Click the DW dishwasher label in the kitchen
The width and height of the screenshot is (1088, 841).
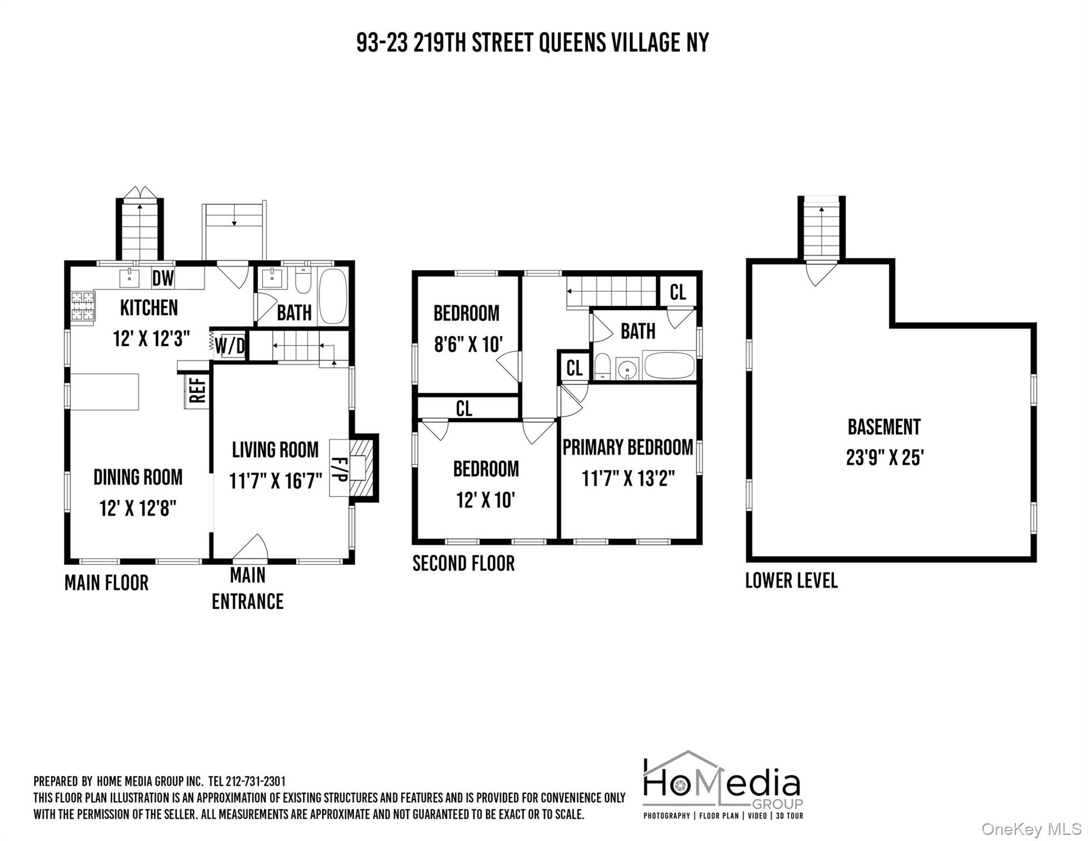pyautogui.click(x=163, y=279)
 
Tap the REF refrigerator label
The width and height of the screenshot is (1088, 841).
pyautogui.click(x=197, y=389)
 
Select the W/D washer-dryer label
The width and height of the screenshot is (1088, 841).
pyautogui.click(x=230, y=346)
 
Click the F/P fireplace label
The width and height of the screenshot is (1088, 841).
pyautogui.click(x=339, y=468)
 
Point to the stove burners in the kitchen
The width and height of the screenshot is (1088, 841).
pyautogui.click(x=83, y=306)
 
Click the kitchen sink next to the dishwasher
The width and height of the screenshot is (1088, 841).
pyautogui.click(x=130, y=278)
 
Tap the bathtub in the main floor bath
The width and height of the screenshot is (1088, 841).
pyautogui.click(x=333, y=296)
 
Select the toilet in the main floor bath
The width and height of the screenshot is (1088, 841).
pyautogui.click(x=303, y=281)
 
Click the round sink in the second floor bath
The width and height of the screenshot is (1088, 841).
pyautogui.click(x=627, y=369)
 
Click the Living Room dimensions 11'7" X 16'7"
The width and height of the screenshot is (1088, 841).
pyautogui.click(x=275, y=481)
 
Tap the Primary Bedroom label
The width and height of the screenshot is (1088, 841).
pyautogui.click(x=628, y=447)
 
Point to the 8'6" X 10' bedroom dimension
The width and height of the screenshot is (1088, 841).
pyautogui.click(x=468, y=344)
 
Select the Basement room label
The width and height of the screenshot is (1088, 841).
pyautogui.click(x=884, y=427)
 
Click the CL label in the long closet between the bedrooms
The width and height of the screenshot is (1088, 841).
pyautogui.click(x=464, y=408)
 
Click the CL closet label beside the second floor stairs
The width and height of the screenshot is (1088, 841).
pyautogui.click(x=678, y=292)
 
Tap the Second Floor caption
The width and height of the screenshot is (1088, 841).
pyautogui.click(x=464, y=563)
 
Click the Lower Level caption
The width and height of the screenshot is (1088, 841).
pyautogui.click(x=791, y=580)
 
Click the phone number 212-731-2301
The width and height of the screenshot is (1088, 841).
pyautogui.click(x=256, y=781)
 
